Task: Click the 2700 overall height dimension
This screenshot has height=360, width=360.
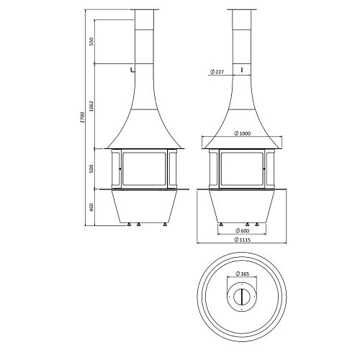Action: point(82,117)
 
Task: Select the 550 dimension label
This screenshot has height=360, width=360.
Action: point(91,41)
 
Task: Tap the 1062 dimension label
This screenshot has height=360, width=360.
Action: point(91,106)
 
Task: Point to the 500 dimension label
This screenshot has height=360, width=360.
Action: point(91,169)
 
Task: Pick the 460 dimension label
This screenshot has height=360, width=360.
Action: point(91,207)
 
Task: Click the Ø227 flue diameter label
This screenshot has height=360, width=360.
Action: point(217,72)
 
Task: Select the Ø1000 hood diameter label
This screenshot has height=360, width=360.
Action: point(242,133)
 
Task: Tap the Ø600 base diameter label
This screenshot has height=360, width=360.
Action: point(242,230)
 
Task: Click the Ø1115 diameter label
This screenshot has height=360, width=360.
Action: point(242,240)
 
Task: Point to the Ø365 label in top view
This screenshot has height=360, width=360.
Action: point(242,274)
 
